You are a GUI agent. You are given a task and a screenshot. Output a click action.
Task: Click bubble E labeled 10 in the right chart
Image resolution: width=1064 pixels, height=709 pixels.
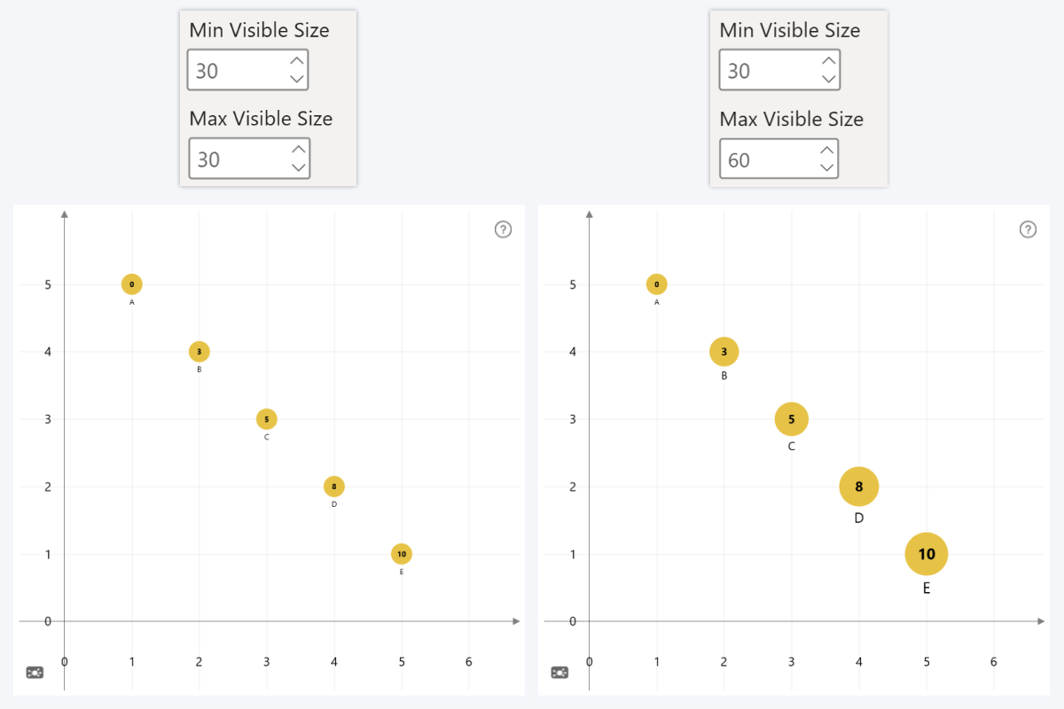click(927, 554)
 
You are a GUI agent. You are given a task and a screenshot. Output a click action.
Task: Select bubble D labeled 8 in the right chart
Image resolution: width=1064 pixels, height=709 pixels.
click(859, 486)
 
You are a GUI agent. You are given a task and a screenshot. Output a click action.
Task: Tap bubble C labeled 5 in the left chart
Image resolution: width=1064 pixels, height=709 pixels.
click(267, 419)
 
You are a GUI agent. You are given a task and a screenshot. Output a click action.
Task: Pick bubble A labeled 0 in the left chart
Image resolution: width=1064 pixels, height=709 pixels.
click(132, 284)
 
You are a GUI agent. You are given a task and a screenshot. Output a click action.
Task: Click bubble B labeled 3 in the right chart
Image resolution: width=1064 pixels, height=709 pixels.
click(724, 352)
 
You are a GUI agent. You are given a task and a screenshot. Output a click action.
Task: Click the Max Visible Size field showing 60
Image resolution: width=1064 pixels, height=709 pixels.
click(767, 160)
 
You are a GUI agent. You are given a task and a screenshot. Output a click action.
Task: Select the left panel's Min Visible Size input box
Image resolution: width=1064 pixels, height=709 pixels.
click(237, 71)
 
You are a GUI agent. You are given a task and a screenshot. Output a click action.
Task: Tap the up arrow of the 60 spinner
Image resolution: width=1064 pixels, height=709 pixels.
click(828, 150)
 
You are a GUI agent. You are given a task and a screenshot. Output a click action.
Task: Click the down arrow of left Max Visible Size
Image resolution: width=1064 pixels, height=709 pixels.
click(299, 168)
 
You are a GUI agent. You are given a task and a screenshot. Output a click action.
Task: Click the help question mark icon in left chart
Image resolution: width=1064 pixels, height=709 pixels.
click(503, 230)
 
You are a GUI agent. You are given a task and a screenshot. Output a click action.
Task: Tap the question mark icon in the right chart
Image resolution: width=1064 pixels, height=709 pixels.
click(1028, 230)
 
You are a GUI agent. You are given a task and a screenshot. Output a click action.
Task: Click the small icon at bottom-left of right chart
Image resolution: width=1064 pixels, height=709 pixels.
click(560, 673)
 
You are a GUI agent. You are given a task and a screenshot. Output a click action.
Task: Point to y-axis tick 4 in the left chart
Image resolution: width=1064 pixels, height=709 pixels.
click(48, 352)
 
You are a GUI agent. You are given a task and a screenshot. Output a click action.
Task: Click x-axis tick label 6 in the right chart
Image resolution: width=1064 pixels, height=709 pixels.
click(994, 662)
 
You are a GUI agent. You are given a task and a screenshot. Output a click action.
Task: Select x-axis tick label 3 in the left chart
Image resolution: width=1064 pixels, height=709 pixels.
click(267, 662)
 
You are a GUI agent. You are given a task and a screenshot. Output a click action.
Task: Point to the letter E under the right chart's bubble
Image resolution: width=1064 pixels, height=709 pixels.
click(927, 588)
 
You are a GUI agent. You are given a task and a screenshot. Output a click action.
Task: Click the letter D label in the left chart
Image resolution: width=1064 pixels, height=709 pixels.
click(334, 504)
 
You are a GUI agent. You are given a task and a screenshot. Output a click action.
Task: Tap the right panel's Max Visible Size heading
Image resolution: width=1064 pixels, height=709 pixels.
click(791, 119)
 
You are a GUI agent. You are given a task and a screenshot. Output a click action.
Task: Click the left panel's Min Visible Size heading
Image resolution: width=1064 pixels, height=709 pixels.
click(259, 30)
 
